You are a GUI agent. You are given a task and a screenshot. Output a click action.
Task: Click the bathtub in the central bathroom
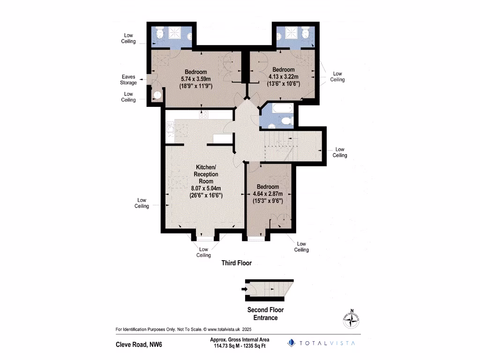(x=281, y=110)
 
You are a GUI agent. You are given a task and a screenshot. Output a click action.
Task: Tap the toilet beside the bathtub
(x=286, y=121)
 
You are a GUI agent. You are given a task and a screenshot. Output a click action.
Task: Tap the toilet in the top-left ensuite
(x=158, y=33)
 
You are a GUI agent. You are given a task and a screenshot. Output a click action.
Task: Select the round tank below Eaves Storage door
(x=157, y=96)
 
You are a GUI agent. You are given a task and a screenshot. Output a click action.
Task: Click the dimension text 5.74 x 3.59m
(x=196, y=79)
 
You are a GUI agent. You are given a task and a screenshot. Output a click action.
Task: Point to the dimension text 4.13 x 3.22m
(x=284, y=77)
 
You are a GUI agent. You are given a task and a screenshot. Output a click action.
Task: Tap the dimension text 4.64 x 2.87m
(x=267, y=194)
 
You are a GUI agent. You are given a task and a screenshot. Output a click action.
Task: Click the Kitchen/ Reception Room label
(x=206, y=174)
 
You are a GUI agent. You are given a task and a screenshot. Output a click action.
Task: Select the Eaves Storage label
(x=128, y=80)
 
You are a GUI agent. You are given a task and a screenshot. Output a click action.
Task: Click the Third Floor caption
(x=236, y=263)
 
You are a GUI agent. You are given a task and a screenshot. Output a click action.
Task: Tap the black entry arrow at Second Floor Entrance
(x=244, y=289)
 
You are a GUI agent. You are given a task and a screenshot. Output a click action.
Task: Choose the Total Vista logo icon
(x=291, y=343)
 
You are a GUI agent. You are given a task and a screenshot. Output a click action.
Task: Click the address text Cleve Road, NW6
(x=139, y=345)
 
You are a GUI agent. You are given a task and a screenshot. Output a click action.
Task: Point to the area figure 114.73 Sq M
(x=224, y=346)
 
